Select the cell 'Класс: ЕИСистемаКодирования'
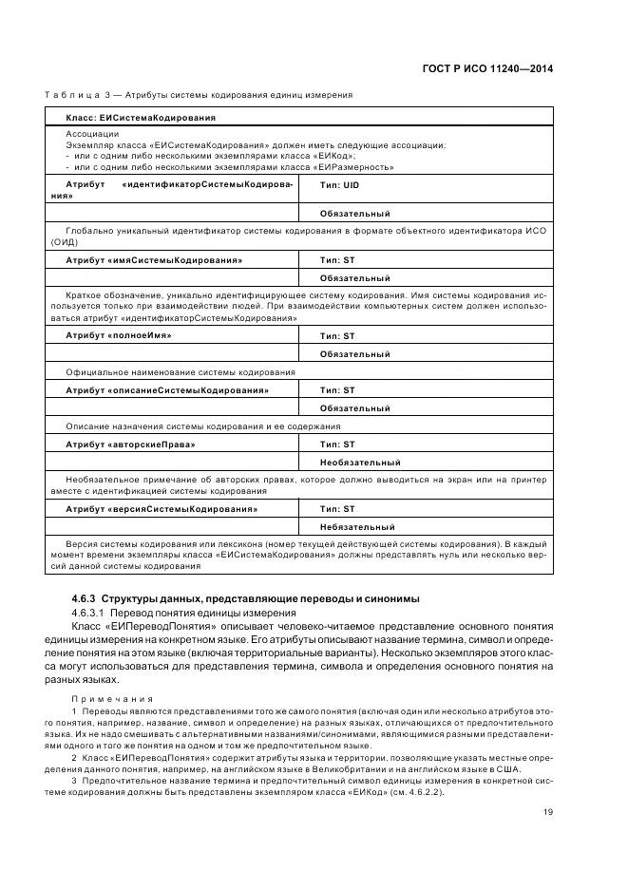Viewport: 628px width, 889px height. pos(141,117)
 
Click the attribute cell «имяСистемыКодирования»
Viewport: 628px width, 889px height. pos(154,259)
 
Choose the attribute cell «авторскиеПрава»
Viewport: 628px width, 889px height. pos(130,444)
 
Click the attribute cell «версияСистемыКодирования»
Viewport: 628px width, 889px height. pos(162,509)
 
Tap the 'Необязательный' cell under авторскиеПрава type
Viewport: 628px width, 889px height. pos(360,462)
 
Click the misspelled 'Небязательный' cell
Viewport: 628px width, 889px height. pos(357,526)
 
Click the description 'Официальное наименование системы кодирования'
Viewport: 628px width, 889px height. pos(181,372)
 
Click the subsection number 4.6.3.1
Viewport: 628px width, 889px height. pos(91,613)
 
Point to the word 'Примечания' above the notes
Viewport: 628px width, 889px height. pos(103,697)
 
